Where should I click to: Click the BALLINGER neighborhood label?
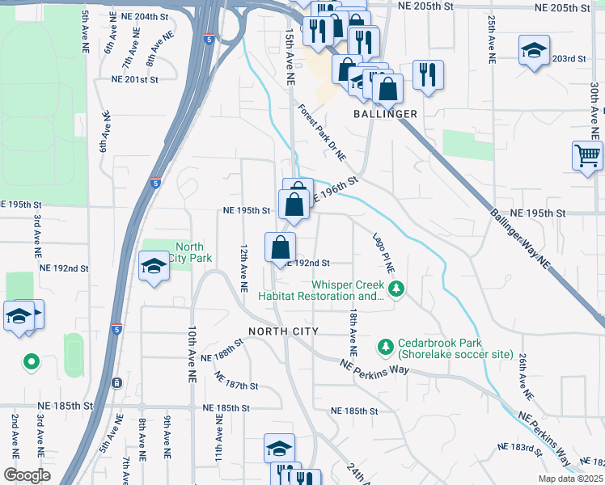(385, 114)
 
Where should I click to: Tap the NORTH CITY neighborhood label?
(283, 331)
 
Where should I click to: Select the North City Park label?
(188, 252)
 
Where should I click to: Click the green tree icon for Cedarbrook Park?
(386, 347)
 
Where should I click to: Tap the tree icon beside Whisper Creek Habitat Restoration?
(396, 289)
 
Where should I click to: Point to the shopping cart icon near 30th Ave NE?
(587, 154)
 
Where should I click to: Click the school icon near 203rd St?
(534, 50)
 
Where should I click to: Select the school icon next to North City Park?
(153, 266)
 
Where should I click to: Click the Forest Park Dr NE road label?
(321, 130)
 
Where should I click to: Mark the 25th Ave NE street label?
(491, 40)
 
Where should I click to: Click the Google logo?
(27, 475)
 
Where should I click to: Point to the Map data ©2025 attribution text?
(569, 479)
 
